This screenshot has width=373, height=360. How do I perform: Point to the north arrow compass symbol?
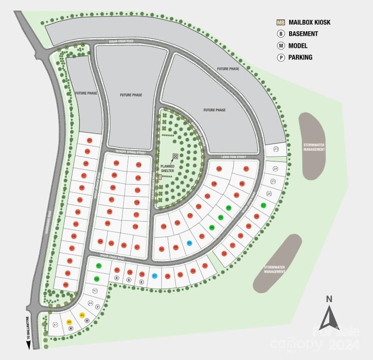point(330,317)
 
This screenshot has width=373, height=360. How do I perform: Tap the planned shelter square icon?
point(175,156)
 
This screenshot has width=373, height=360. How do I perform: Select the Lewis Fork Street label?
point(234,157)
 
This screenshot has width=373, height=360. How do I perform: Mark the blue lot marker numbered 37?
point(155,276)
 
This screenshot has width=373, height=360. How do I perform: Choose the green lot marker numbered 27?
point(263,206)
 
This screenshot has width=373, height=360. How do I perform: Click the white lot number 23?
point(276,149)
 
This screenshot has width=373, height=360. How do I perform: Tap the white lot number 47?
point(55,325)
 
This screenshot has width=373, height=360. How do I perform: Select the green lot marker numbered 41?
point(99,266)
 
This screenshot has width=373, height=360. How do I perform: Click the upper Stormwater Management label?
point(314,147)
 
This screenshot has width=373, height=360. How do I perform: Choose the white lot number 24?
point(276,169)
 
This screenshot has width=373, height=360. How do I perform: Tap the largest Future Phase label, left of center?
point(131,95)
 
